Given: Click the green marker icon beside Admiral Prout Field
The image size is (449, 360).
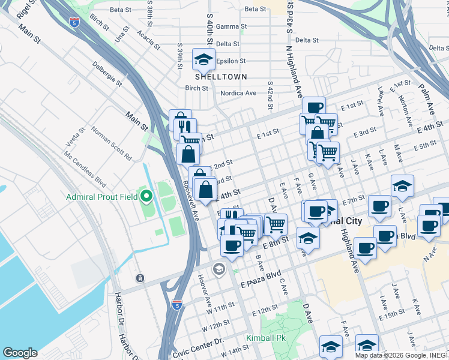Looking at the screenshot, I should (x=146, y=196).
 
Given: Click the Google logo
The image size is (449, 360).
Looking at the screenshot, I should (x=20, y=353).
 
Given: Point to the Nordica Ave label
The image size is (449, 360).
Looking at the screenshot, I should (x=238, y=93).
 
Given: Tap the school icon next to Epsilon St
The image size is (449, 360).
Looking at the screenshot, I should (x=203, y=60).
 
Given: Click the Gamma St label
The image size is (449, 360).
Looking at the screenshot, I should (x=231, y=26).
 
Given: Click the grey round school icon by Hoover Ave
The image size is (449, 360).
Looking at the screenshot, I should (x=218, y=268).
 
